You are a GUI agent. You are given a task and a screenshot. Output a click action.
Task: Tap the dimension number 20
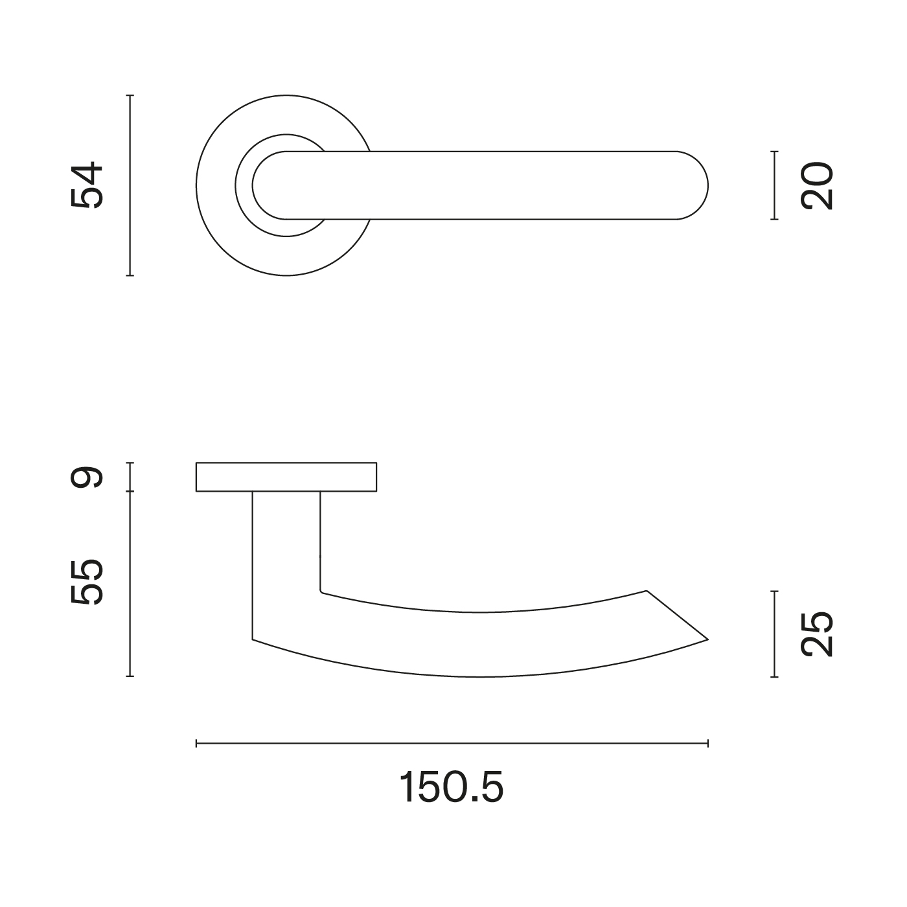click(x=817, y=185)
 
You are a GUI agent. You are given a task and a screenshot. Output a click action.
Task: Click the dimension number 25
click(x=817, y=634)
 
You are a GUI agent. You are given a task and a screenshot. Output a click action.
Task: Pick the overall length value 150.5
click(x=452, y=787)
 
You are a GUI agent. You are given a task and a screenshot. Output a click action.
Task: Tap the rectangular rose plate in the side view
click(x=286, y=477)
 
